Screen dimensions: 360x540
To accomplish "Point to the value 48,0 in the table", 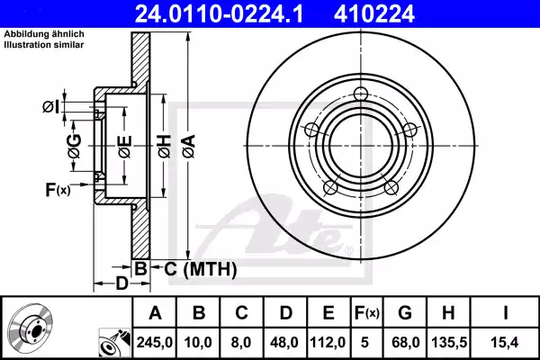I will click(x=283, y=342).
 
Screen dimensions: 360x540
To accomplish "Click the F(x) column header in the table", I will click(x=368, y=313).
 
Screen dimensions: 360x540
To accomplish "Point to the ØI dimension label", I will click(x=51, y=107).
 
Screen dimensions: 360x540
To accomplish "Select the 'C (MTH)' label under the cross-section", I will click(x=199, y=268).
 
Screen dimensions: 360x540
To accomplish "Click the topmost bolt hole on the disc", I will click(x=362, y=94).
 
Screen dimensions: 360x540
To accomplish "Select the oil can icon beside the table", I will click(x=112, y=342).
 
